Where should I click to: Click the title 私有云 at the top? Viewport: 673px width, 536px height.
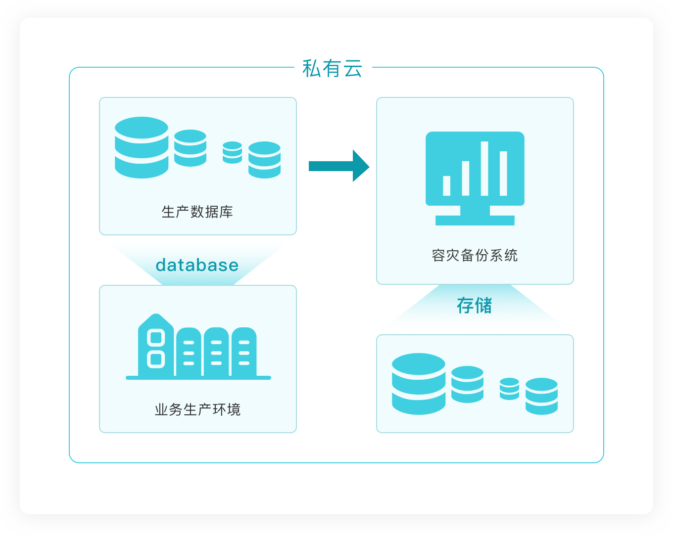coord(332,69)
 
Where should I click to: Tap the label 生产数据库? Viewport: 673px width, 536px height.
coord(197,212)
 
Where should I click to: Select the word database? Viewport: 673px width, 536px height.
coord(197,265)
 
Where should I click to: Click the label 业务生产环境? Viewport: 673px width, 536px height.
coord(197,410)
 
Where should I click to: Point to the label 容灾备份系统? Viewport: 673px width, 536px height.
coord(475,256)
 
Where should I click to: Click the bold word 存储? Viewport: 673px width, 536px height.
coord(474,306)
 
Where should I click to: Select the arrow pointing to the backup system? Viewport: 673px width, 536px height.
coord(339,166)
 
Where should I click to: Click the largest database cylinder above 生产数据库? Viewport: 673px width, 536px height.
coord(142,147)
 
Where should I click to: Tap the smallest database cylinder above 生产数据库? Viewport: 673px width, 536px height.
coord(232,152)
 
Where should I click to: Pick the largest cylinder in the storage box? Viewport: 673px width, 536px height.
coord(419,384)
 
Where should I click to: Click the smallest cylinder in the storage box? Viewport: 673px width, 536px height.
coord(509,389)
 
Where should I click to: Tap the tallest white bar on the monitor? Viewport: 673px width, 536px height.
coord(484,169)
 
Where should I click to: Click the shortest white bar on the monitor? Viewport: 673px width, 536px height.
coord(447,185)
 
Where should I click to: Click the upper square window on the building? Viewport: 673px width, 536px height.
coord(156,338)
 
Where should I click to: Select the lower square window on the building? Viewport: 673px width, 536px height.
coord(156,359)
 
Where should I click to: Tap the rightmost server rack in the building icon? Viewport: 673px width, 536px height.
coord(244,352)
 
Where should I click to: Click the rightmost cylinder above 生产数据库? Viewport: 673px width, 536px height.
coord(264,160)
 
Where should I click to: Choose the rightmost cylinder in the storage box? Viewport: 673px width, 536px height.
coord(541,396)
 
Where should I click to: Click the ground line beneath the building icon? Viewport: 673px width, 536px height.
coord(198,378)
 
